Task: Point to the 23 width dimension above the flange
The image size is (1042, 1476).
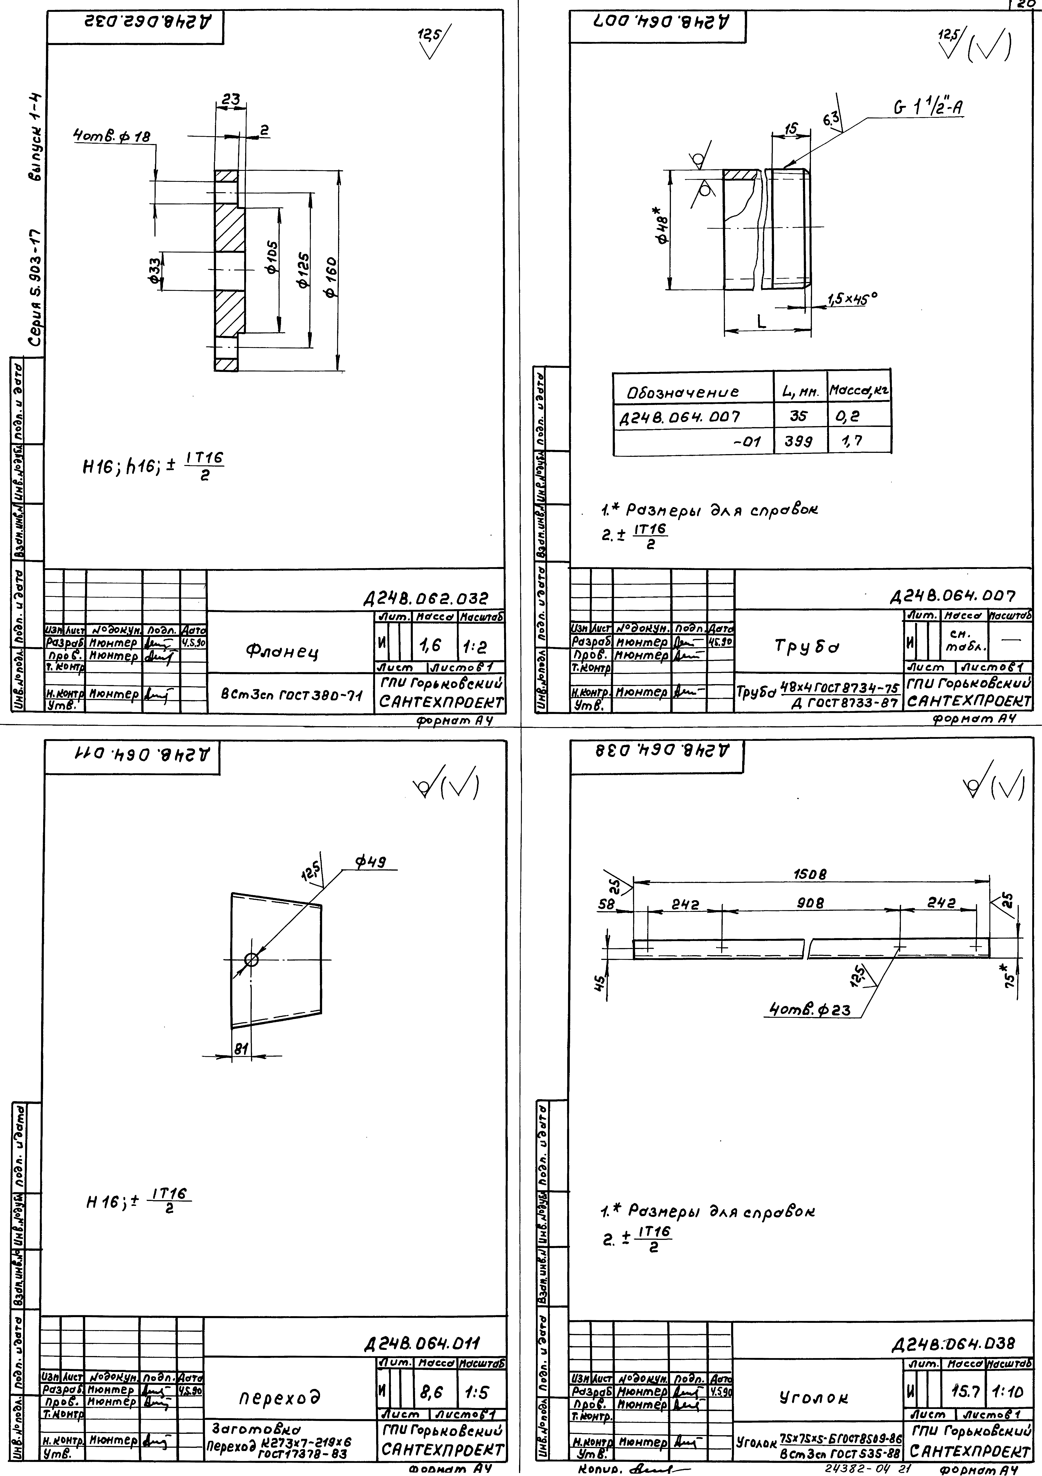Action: click(x=230, y=100)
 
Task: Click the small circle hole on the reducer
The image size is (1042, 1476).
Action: click(x=251, y=960)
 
